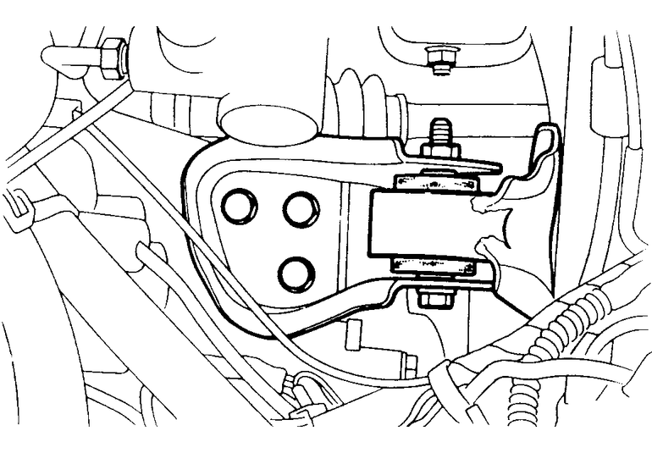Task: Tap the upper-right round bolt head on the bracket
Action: (x=301, y=209)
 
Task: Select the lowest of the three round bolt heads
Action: (x=296, y=272)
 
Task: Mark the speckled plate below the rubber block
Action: (x=433, y=266)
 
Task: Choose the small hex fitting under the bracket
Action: (x=409, y=364)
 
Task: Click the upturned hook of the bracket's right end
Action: (x=546, y=148)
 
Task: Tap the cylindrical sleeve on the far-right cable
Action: (x=605, y=93)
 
